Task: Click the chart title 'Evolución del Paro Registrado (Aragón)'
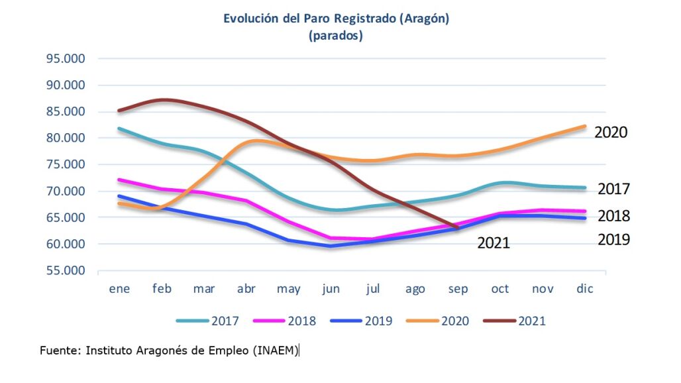336,19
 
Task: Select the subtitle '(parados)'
336,36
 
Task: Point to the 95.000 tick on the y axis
66,58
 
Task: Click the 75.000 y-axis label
66,164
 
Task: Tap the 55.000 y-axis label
66,270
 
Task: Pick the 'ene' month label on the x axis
119,289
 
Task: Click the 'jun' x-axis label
331,290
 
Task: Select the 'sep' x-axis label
458,290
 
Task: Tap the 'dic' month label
584,289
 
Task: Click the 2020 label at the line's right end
611,132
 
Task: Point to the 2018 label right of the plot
613,216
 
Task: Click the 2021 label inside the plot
494,243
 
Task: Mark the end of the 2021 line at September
457,228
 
